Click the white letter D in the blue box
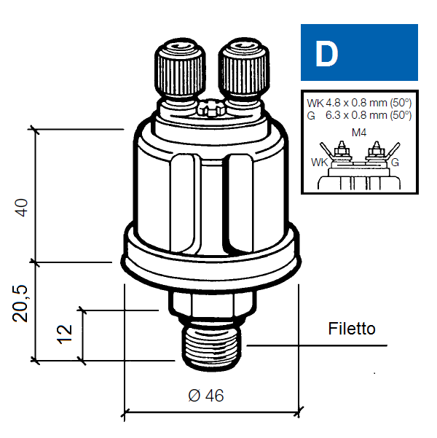pos(326,54)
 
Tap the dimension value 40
pos(22,208)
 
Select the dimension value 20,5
pos(20,304)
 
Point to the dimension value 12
pos(65,334)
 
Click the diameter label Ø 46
pos(206,396)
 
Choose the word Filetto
pos(352,329)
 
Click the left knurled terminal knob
pos(180,69)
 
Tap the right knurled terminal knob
pos(244,69)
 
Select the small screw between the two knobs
pos(211,108)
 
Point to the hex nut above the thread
pos(212,305)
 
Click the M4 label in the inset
pos(359,133)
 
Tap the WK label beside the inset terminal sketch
pos(320,163)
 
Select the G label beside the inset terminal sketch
pos(395,163)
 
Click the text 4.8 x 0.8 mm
pos(357,103)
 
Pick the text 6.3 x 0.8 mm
pos(357,115)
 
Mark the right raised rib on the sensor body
pos(238,203)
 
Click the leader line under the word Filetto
pos(317,345)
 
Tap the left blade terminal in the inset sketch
pos(326,151)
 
